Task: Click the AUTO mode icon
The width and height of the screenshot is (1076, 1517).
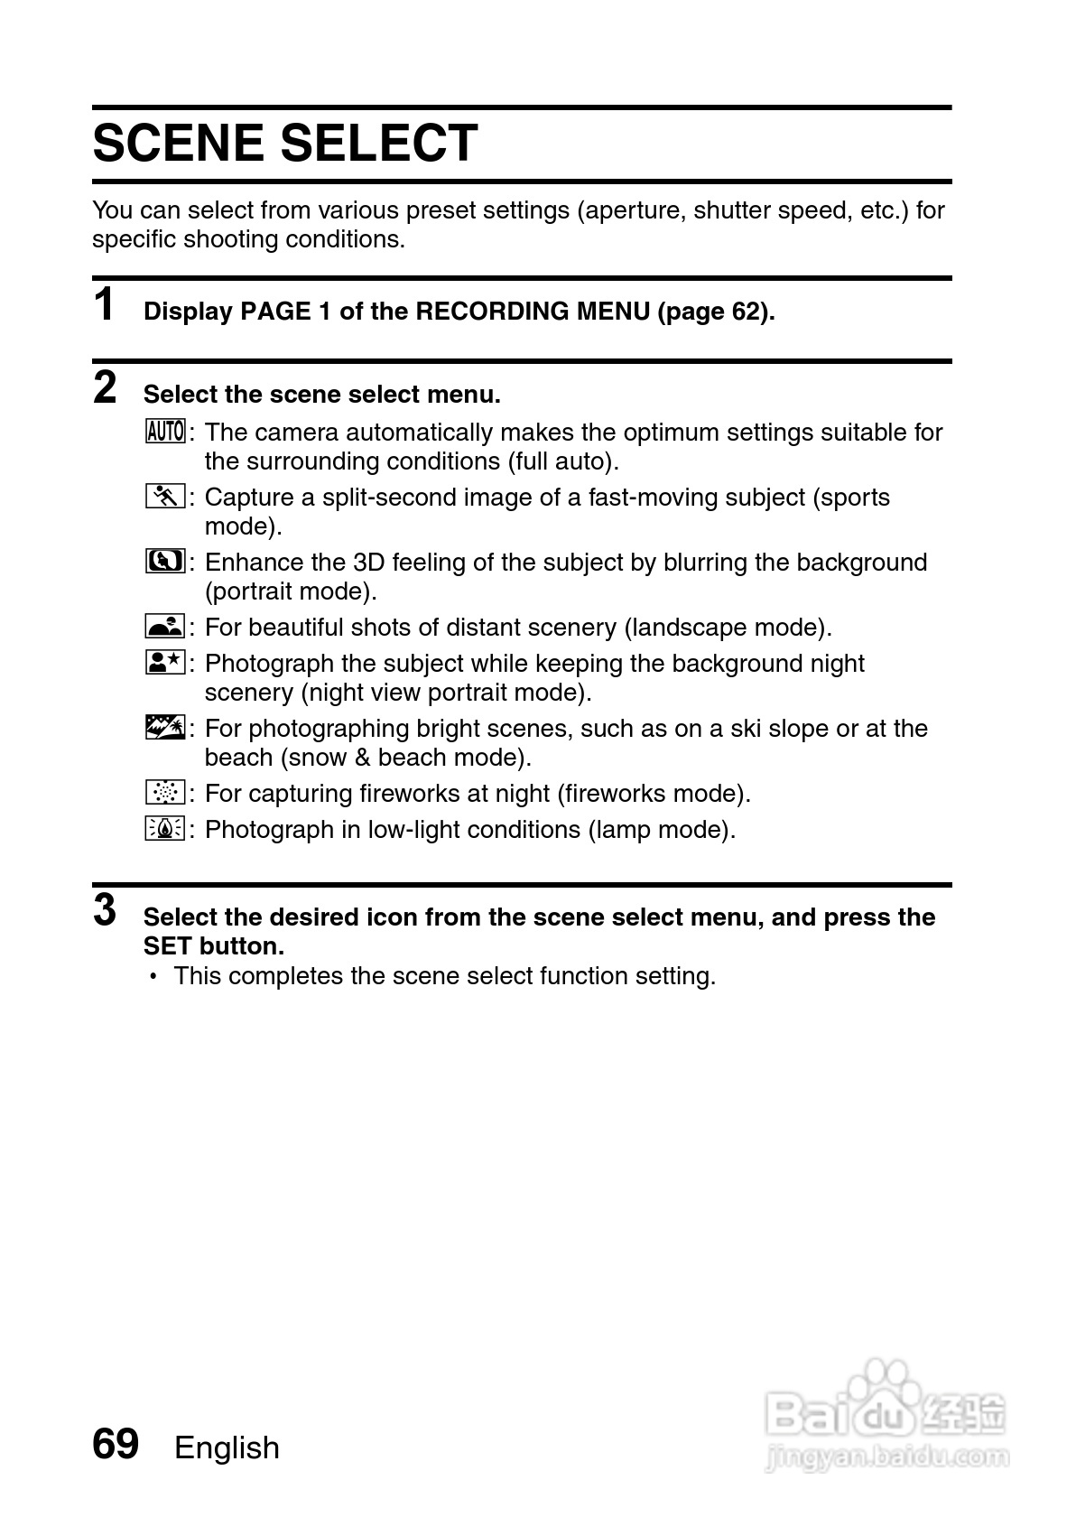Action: (165, 432)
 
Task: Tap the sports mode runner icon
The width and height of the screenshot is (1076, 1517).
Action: (165, 497)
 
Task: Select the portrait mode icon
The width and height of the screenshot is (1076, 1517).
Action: (165, 562)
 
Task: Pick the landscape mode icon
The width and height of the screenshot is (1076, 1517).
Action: (165, 627)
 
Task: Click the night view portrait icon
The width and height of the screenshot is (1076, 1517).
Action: (165, 663)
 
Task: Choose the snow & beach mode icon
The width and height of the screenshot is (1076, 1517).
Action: (165, 728)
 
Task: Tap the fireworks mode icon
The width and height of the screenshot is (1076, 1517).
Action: (165, 793)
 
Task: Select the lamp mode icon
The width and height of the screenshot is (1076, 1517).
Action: (165, 829)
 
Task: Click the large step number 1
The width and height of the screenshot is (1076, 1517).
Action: (105, 304)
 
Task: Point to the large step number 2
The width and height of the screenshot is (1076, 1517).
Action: (106, 387)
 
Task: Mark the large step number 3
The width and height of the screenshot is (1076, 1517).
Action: (106, 910)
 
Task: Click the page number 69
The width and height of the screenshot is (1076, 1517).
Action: (116, 1444)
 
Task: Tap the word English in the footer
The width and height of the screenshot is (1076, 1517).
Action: (227, 1447)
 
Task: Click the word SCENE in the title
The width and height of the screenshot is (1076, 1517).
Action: (178, 144)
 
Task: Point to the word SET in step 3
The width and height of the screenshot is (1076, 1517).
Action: (167, 946)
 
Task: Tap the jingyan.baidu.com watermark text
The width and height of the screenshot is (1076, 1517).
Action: (886, 1457)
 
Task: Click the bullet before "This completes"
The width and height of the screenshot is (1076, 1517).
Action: (154, 976)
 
